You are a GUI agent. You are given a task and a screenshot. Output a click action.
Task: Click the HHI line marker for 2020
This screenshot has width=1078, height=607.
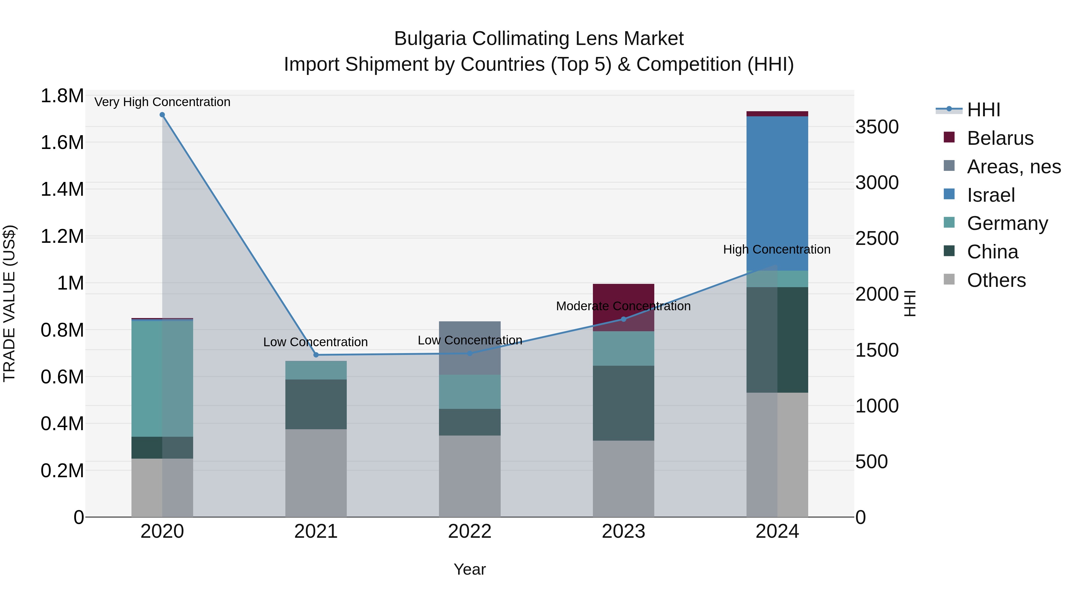162,115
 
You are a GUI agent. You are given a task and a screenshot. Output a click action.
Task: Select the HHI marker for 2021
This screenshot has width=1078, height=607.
316,355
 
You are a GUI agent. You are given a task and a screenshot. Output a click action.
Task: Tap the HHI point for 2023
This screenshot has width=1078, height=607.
623,319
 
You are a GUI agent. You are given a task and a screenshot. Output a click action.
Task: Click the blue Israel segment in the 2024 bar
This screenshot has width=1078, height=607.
777,193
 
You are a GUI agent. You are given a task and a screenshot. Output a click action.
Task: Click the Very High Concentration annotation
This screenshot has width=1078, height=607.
162,102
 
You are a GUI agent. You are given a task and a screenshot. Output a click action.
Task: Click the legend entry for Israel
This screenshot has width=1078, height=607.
991,195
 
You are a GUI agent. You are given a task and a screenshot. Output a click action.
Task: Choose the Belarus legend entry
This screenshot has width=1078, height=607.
1000,138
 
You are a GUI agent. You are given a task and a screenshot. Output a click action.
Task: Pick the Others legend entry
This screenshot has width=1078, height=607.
996,280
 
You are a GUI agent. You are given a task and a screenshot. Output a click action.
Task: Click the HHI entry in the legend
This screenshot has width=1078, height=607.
983,110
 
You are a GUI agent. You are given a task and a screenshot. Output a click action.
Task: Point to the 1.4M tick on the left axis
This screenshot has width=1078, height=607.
62,189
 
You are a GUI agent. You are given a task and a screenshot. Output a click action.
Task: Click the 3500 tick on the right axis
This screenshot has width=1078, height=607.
877,127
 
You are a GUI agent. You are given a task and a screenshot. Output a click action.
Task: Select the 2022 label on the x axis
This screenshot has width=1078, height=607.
470,531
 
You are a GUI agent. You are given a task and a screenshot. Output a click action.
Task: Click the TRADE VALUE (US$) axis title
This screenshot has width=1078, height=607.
9,303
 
